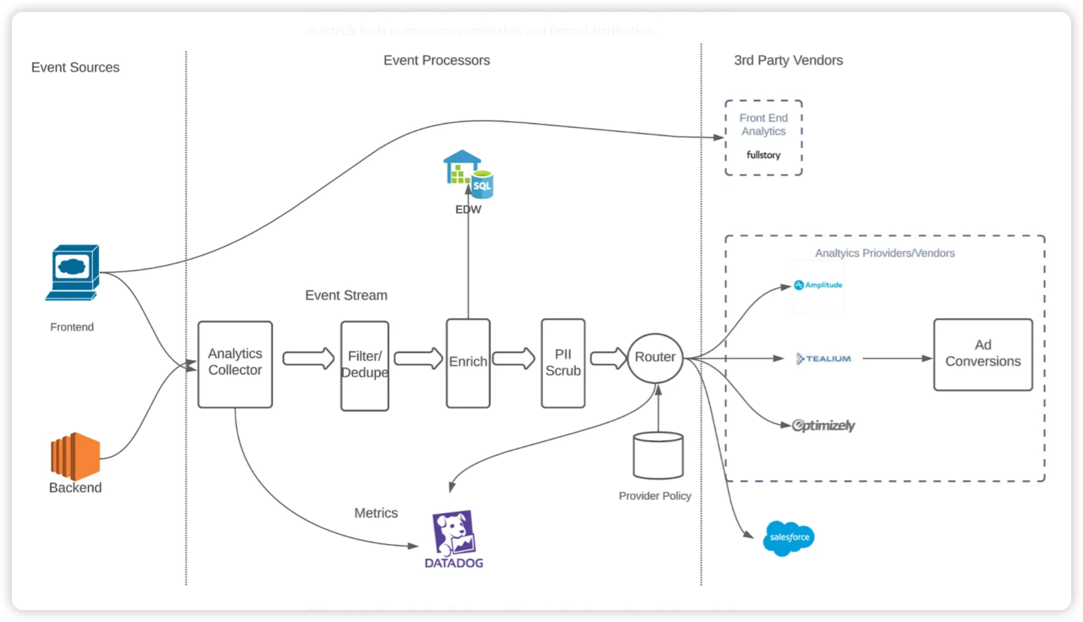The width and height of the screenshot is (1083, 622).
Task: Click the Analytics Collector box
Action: (x=235, y=364)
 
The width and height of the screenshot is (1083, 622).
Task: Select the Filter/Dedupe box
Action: (x=364, y=365)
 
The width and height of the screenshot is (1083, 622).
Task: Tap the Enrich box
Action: (x=468, y=363)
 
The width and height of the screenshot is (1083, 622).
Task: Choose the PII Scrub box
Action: (x=563, y=363)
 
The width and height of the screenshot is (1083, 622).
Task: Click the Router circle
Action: (x=655, y=358)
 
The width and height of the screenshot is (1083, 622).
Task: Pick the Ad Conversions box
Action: (x=983, y=355)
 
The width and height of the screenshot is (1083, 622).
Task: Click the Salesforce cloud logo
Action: (x=789, y=537)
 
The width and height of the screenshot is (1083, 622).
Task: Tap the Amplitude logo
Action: (x=818, y=285)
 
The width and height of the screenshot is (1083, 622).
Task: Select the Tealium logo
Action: (x=824, y=359)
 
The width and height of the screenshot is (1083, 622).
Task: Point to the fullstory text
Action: (x=763, y=155)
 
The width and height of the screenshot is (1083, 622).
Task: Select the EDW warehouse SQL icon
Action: (x=468, y=175)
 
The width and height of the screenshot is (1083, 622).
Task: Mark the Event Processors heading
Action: (x=436, y=60)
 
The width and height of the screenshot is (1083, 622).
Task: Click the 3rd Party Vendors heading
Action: (x=788, y=60)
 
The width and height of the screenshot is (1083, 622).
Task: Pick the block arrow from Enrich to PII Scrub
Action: (x=513, y=359)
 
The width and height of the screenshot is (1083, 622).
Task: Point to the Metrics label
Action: (x=376, y=513)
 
